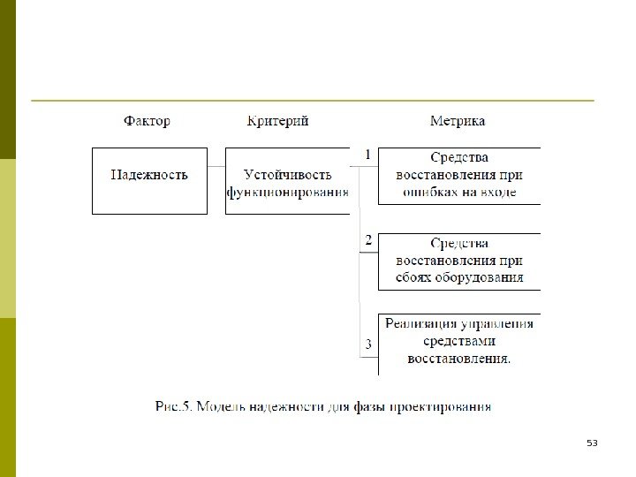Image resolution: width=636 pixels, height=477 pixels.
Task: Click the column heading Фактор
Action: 147,121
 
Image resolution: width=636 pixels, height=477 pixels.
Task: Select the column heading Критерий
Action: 278,121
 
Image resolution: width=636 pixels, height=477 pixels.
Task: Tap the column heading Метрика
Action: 457,121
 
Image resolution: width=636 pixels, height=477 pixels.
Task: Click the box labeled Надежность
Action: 149,175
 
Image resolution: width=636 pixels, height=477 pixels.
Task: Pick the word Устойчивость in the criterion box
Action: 287,175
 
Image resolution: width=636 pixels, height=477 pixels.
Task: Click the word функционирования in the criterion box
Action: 288,191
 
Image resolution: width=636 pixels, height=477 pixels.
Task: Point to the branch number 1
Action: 367,155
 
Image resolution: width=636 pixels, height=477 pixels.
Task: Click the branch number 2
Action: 368,240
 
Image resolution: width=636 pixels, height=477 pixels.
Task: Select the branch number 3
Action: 368,343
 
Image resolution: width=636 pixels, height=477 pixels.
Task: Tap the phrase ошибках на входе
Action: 459,191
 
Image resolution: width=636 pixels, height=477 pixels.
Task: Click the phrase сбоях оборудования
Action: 459,276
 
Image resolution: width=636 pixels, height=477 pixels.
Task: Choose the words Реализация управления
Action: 459,323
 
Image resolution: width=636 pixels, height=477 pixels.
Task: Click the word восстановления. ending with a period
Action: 459,358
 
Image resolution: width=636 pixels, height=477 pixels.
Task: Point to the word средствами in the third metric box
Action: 459,341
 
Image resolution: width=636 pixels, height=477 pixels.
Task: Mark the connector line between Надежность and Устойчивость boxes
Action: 216,166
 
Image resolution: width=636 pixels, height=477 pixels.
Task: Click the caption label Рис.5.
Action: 172,406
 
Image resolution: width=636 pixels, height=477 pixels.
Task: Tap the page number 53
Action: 592,443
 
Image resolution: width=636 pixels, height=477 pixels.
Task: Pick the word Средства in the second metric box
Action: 459,243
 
